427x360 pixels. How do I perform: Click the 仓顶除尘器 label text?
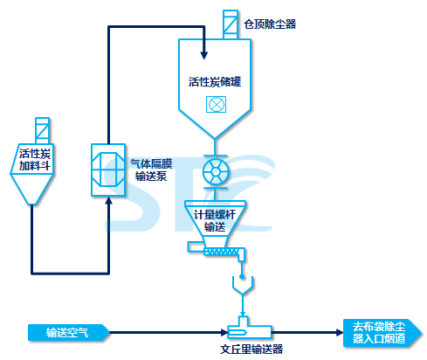270,24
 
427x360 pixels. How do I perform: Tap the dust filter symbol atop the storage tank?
231,24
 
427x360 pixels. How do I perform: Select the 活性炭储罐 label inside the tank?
215,82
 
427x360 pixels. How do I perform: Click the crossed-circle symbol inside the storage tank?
216,104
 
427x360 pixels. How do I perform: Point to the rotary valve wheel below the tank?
216,172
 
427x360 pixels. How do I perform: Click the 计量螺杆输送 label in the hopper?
215,221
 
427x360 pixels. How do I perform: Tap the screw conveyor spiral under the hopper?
222,251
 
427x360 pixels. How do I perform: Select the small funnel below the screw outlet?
243,286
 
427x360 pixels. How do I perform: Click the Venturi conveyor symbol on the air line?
249,329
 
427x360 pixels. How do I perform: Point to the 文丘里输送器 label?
251,349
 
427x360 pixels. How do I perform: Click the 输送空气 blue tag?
69,332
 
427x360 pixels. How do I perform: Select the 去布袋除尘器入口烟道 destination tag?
382,333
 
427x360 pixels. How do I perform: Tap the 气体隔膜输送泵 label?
151,170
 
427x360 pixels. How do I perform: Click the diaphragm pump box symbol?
108,170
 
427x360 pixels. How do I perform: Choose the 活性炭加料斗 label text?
35,160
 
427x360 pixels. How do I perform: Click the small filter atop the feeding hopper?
42,130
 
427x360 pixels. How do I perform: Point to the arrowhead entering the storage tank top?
204,55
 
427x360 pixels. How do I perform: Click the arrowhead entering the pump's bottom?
108,201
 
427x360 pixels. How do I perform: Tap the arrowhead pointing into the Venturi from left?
224,332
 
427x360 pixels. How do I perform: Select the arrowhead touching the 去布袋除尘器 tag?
340,332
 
